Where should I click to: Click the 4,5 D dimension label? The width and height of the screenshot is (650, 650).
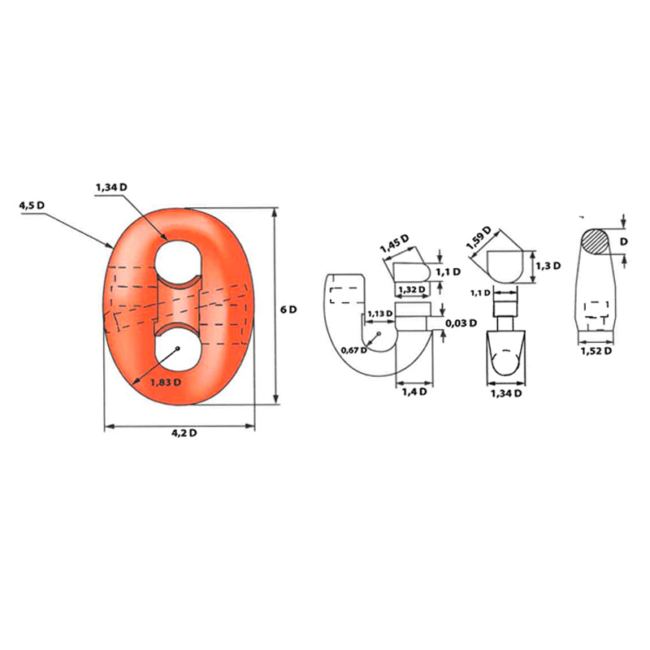tap(32, 206)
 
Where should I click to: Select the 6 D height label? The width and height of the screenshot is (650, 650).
tap(288, 310)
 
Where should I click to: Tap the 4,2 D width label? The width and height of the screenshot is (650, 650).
tap(184, 433)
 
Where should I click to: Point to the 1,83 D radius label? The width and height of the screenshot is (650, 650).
tap(166, 382)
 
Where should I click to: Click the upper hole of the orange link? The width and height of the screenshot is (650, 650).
tap(178, 261)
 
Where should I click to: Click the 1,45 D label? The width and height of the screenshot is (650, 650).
tap(395, 243)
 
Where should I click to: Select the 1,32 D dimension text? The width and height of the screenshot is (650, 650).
tap(411, 289)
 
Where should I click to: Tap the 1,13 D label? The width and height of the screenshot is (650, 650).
tap(379, 314)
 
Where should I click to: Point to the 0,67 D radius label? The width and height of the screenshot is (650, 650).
tap(353, 350)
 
